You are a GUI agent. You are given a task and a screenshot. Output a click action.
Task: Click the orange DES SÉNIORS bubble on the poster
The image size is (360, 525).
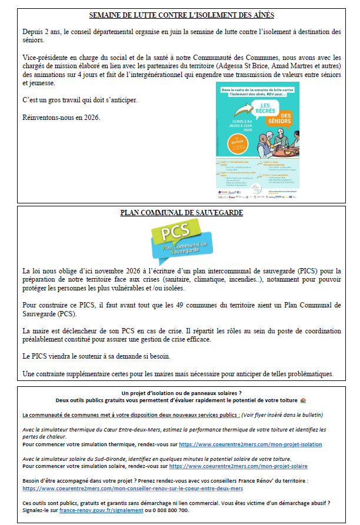tap(285, 118)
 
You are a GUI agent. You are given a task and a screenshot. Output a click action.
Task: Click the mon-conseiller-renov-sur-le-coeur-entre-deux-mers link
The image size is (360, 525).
tap(132, 489)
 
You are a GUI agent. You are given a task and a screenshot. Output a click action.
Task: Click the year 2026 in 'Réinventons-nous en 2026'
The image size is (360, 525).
tap(92, 117)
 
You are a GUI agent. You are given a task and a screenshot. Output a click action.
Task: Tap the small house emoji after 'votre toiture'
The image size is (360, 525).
tap(302, 400)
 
